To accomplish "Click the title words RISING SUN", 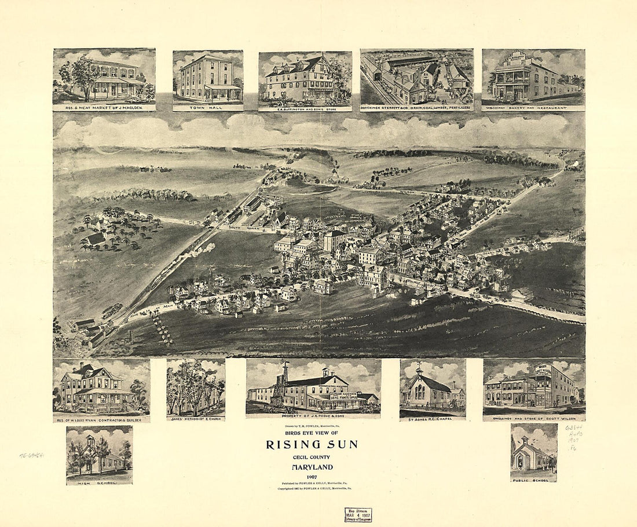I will (x=312, y=445).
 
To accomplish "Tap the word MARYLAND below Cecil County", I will (x=312, y=467).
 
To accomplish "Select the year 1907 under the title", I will (x=312, y=476).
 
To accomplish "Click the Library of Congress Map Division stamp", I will (x=357, y=514).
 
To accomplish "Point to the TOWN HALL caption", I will (x=207, y=108).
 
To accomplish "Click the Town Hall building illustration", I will (x=207, y=78).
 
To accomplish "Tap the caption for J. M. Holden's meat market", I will (x=104, y=108).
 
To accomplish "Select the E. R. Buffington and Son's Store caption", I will (x=305, y=108).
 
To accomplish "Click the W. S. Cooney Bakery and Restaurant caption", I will (x=533, y=108).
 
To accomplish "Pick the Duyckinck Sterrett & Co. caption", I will (x=417, y=108).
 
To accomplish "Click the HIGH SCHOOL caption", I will (x=99, y=481).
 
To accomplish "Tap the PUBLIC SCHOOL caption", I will (x=534, y=479).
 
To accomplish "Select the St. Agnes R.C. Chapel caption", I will (x=433, y=417).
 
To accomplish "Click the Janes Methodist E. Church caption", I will (x=196, y=418).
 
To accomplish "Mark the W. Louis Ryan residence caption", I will (x=101, y=419).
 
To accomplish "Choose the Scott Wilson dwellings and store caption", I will (x=534, y=418).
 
